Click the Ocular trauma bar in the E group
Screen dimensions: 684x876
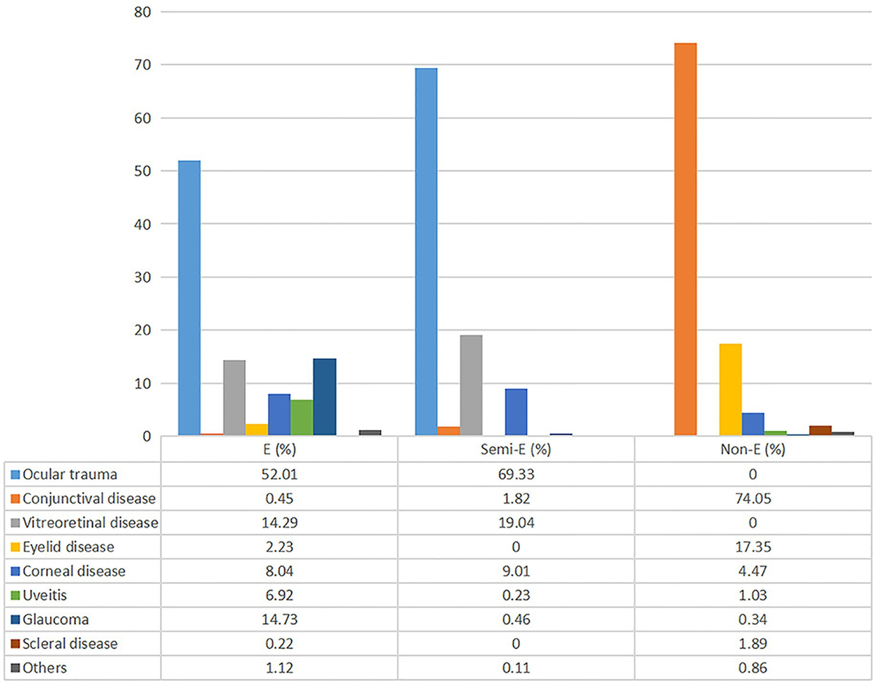coord(189,299)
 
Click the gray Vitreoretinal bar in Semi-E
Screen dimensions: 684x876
coord(471,386)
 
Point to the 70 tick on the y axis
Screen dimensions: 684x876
coord(143,65)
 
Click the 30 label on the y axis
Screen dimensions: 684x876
coord(143,277)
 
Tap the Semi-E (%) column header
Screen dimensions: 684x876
coord(515,449)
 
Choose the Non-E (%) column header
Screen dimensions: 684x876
coord(753,449)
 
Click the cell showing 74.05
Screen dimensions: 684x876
coord(753,499)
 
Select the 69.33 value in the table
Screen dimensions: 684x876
coord(515,474)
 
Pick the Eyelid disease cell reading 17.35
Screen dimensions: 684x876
coord(753,547)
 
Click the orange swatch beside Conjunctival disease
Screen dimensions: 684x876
coord(15,499)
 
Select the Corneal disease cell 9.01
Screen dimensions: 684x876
coord(515,572)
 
